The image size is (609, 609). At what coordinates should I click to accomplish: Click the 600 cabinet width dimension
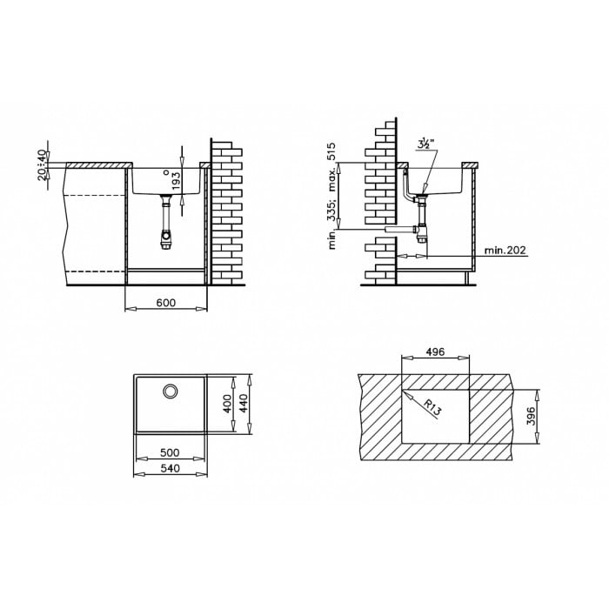click(x=166, y=302)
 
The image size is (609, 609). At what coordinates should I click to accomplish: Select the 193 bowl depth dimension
click(x=176, y=181)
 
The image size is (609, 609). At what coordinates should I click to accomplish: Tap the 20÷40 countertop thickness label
click(x=43, y=165)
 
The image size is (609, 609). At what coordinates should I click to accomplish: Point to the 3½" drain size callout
click(x=425, y=144)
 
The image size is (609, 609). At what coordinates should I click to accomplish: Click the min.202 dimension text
click(x=505, y=250)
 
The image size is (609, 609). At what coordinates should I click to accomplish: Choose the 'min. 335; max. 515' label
click(x=331, y=196)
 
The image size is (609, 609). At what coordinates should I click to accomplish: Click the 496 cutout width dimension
click(x=435, y=351)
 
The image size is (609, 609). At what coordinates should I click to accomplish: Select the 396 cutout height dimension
click(x=532, y=416)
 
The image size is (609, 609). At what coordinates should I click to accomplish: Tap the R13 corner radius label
click(x=432, y=408)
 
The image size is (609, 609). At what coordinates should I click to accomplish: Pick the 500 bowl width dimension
click(x=170, y=452)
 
